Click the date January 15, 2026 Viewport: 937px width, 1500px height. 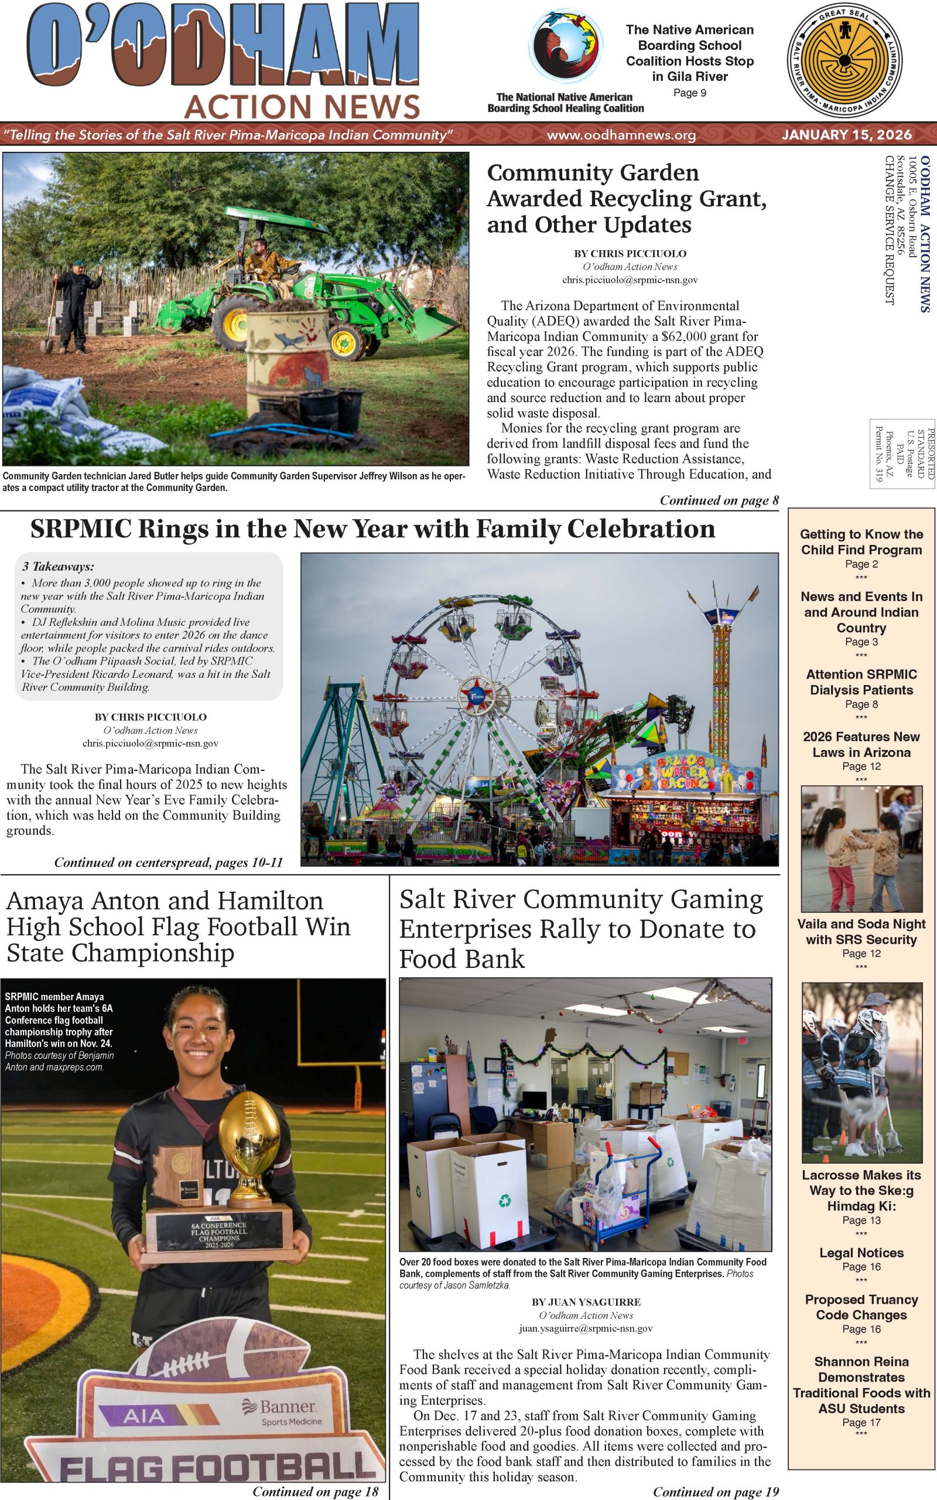pos(847,135)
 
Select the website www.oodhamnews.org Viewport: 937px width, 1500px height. pos(621,135)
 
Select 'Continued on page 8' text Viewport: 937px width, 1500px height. pos(719,500)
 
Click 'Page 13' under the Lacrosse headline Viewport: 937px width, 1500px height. pos(861,1220)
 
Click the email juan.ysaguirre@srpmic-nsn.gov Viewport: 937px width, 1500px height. pos(586,1329)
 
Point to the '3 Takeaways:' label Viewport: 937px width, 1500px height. pos(57,567)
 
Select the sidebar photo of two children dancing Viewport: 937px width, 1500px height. pos(861,848)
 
